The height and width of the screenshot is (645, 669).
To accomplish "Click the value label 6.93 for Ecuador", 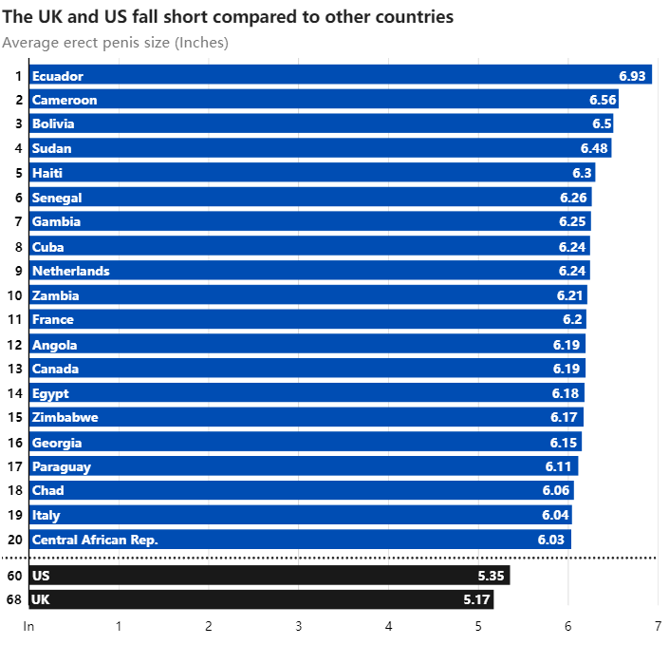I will [632, 76].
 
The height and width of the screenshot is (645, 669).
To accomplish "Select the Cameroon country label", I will [65, 100].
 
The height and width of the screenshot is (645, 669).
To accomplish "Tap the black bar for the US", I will [269, 576].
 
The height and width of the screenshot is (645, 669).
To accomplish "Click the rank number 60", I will [14, 576].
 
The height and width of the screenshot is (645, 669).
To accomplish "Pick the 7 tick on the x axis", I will [658, 626].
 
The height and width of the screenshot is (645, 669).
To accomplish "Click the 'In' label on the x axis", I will [28, 626].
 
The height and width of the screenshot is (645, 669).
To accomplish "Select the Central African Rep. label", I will [95, 540].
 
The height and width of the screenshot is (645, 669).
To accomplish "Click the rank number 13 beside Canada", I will [14, 369].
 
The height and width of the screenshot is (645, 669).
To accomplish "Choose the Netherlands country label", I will [71, 271].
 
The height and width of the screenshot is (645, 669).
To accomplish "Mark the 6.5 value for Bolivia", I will [602, 124].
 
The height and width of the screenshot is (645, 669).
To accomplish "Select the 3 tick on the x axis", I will [298, 626].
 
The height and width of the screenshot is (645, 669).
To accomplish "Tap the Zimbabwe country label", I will [65, 417].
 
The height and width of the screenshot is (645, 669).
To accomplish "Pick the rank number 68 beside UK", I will [14, 600].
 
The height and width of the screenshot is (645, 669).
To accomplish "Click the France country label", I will [53, 319].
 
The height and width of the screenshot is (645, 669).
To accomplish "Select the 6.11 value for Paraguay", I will [560, 466].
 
